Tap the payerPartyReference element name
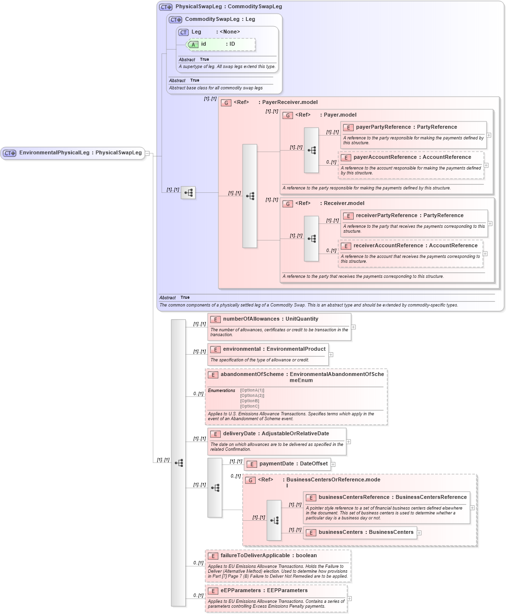(383, 127)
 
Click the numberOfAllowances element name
(251, 319)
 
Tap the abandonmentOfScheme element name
(252, 375)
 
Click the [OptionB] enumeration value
(249, 401)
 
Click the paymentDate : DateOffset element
(293, 464)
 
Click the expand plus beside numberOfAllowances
(353, 327)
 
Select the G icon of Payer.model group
(288, 116)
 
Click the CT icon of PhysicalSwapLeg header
(166, 7)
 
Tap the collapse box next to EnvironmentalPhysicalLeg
(147, 153)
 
